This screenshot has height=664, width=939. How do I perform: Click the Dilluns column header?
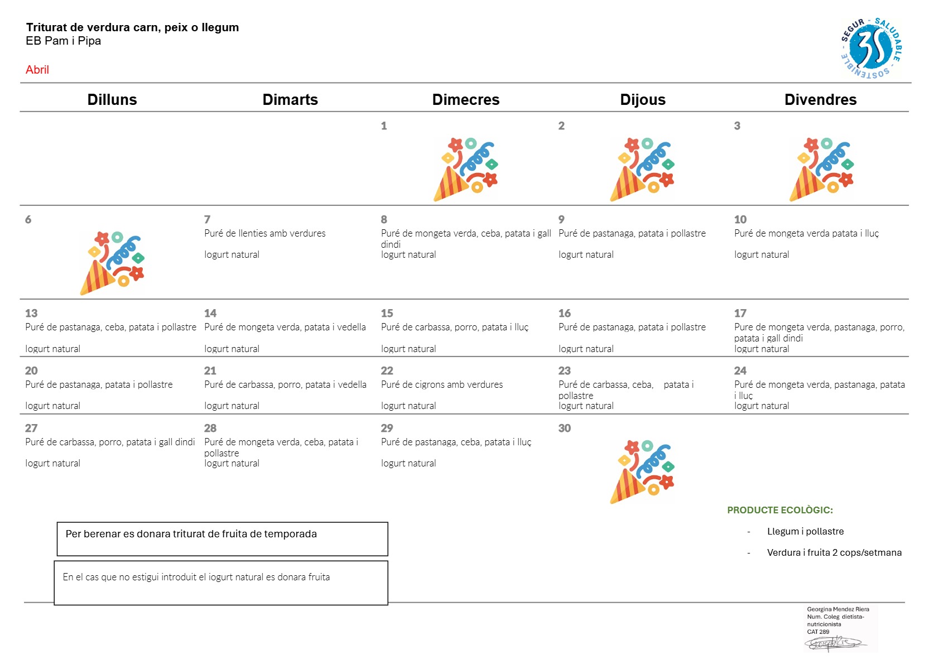(x=112, y=100)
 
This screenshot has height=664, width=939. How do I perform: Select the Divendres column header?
(x=820, y=100)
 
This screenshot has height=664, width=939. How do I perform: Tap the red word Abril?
(x=37, y=70)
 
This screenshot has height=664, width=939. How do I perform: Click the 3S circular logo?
(x=871, y=48)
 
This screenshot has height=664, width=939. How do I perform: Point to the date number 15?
(x=387, y=313)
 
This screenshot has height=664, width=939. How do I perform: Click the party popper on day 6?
(x=112, y=263)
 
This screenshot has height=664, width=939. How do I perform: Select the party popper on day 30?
(x=642, y=471)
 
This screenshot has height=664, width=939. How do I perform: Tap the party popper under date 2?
(x=642, y=170)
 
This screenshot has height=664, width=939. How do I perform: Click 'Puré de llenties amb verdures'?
(x=265, y=233)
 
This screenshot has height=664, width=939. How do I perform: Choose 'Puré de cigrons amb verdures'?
(x=442, y=384)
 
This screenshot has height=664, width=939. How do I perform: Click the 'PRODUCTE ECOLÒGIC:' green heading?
(x=779, y=510)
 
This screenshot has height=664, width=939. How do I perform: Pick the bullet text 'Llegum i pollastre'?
(x=805, y=532)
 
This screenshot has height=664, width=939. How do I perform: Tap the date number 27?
(x=31, y=428)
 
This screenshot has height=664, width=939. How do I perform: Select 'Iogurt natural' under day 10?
(x=762, y=254)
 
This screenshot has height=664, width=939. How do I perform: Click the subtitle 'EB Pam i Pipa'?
(x=63, y=41)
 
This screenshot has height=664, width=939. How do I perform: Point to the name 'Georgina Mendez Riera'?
(x=838, y=609)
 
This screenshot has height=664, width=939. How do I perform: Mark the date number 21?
(x=210, y=371)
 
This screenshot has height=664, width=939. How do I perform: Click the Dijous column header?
(x=643, y=100)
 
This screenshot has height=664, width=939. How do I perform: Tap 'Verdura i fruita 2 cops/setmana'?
(x=834, y=552)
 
